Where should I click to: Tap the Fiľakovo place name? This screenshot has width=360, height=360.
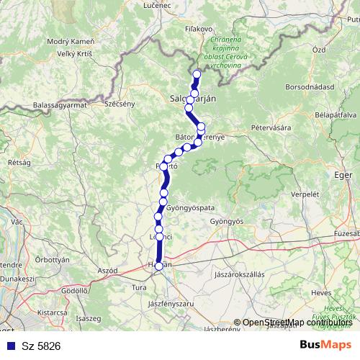coord(197,29)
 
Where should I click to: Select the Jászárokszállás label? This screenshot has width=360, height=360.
coord(240,275)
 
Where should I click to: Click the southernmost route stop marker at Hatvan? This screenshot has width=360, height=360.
coord(159,266)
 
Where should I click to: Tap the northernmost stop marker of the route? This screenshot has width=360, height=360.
coord(197,73)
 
